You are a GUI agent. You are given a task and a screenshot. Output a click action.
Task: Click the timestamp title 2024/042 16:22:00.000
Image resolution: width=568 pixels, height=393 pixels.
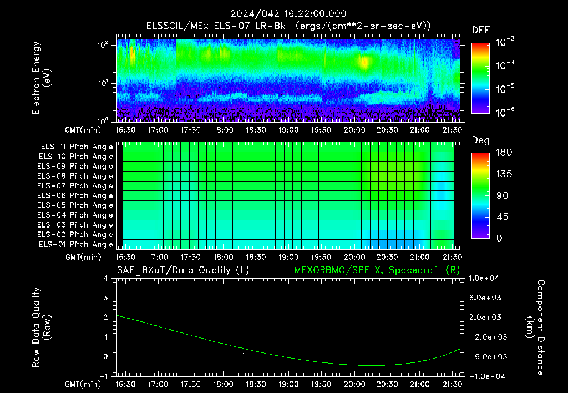(288, 14)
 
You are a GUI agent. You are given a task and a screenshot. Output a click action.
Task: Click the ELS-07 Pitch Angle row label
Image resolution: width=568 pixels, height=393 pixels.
(75, 185)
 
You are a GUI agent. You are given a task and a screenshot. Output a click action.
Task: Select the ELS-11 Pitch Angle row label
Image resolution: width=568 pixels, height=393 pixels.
(77, 147)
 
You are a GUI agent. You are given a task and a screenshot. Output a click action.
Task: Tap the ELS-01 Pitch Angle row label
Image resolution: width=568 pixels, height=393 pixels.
(75, 244)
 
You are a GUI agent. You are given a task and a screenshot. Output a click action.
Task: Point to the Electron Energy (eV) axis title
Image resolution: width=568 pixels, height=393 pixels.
(41, 78)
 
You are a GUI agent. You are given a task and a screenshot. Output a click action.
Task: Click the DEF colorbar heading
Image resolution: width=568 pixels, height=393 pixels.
(481, 30)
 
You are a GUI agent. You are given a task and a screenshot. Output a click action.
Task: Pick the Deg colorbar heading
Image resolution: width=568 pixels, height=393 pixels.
(481, 140)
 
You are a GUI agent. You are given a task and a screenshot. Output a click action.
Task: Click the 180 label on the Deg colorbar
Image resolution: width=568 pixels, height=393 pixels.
(504, 152)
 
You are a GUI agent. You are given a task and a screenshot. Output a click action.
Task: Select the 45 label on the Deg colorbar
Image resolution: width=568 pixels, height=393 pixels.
(501, 217)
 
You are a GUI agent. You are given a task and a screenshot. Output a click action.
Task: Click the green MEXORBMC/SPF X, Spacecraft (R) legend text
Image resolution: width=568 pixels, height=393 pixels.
(377, 270)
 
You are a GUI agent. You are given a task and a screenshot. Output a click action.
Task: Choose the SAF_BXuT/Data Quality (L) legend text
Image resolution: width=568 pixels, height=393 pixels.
(183, 270)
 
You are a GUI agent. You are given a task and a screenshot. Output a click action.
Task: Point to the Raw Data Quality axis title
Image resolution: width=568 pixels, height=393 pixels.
(41, 327)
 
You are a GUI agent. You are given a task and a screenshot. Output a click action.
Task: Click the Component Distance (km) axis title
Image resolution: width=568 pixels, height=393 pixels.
(535, 327)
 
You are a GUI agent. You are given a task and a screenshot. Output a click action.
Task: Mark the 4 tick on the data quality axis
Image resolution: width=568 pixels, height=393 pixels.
(106, 278)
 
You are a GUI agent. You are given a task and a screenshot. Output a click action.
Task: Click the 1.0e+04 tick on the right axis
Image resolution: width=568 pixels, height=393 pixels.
(484, 278)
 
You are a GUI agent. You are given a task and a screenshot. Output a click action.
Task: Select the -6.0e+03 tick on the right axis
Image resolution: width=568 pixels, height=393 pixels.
(485, 357)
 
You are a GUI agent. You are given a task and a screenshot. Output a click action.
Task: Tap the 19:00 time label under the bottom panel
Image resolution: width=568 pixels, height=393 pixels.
(288, 384)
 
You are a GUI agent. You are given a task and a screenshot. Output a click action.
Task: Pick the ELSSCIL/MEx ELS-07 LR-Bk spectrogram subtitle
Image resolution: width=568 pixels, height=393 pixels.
(216, 26)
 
